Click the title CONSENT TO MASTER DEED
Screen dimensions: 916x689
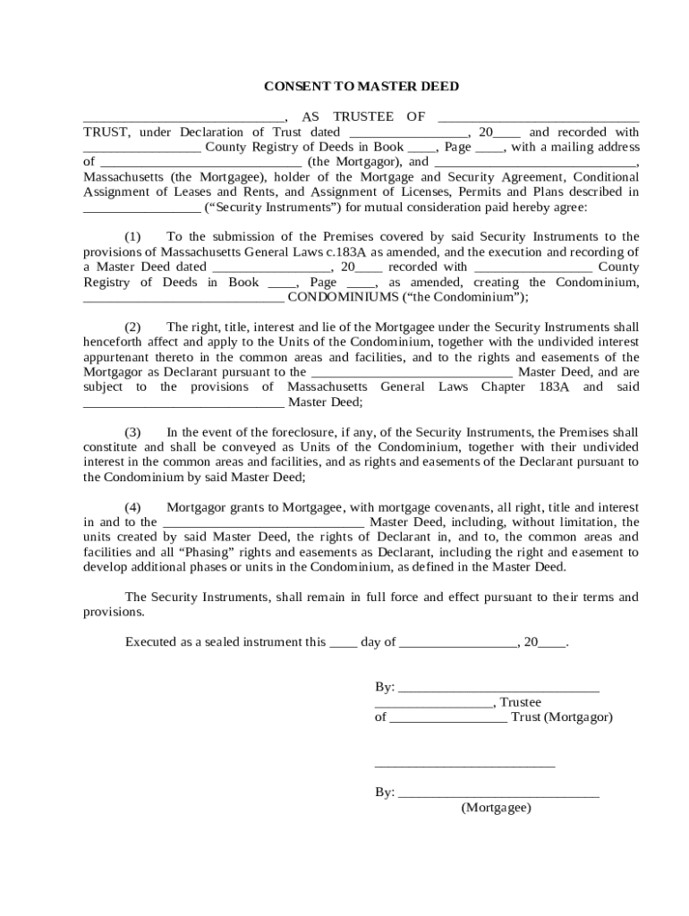[x=361, y=87]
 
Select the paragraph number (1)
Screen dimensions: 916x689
[x=132, y=237]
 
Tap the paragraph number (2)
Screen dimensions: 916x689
[x=132, y=327]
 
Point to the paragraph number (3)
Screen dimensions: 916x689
[x=132, y=432]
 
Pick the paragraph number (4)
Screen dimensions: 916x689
[x=132, y=507]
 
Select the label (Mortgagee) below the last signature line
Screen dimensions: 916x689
[x=496, y=807]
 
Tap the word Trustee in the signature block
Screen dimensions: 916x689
[x=520, y=702]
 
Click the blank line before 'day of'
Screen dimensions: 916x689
[x=342, y=644]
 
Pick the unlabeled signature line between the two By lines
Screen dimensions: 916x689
[x=464, y=766]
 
